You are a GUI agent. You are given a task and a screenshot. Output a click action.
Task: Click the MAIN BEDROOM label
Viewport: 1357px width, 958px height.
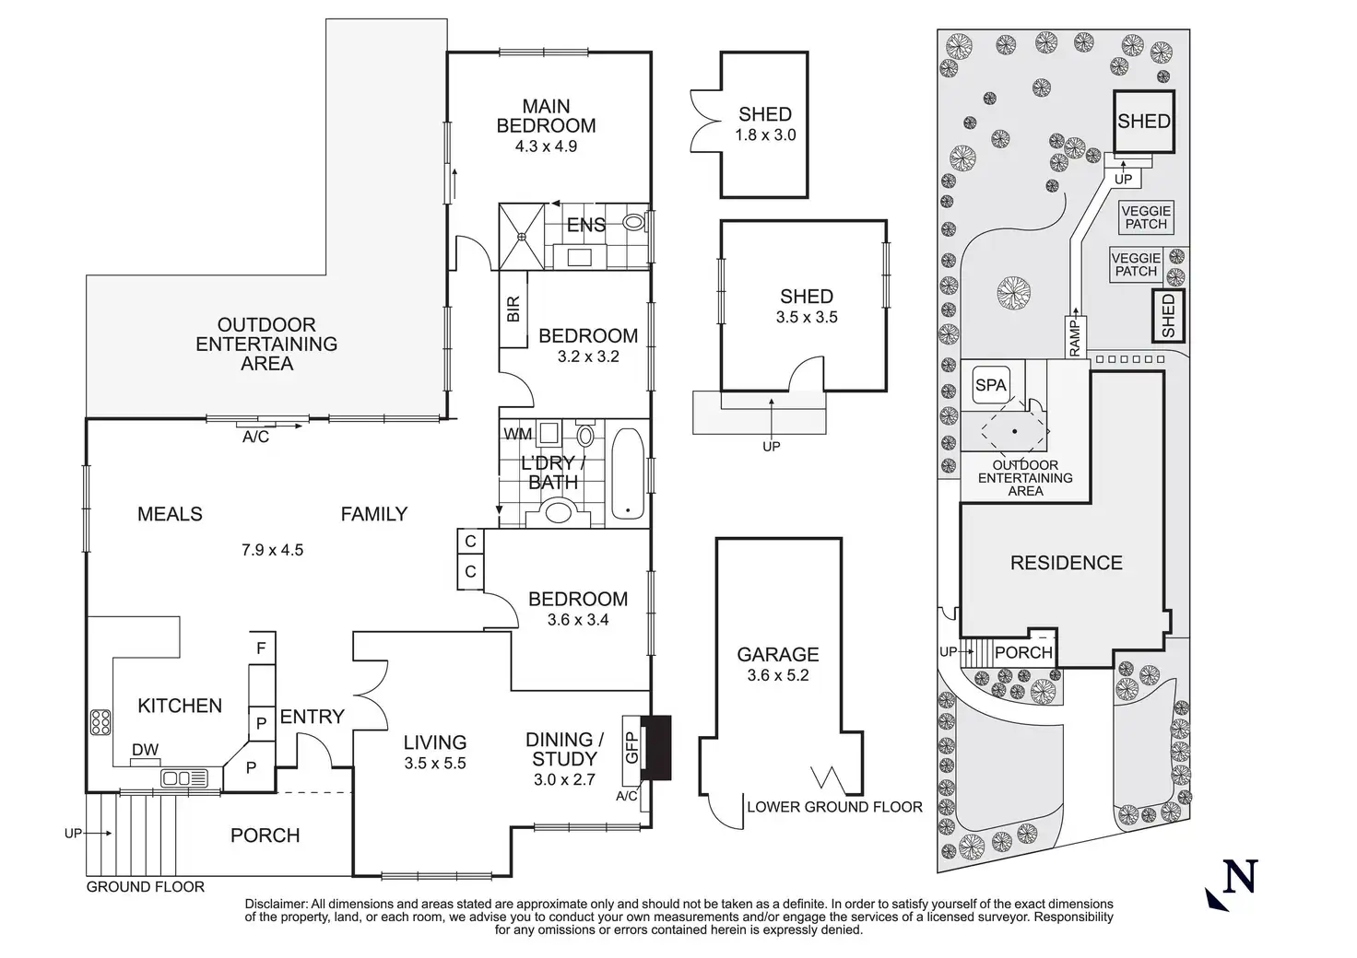tap(546, 116)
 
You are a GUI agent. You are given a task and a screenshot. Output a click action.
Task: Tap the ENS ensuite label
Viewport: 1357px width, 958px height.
tap(585, 225)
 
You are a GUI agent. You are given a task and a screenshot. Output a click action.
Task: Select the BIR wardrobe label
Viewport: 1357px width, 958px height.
tap(513, 309)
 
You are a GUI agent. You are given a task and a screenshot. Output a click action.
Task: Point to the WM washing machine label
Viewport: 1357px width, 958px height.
tap(517, 434)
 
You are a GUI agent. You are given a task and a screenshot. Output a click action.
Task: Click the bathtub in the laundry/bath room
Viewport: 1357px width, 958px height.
tap(629, 473)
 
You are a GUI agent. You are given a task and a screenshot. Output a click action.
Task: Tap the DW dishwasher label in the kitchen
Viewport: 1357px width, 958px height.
tap(145, 750)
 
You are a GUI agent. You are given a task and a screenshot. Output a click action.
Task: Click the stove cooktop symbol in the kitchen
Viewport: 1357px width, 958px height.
tap(100, 721)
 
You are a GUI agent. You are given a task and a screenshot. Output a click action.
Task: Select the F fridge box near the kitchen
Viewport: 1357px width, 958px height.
tap(261, 648)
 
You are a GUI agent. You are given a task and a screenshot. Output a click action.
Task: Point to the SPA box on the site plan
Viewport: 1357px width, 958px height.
tap(991, 385)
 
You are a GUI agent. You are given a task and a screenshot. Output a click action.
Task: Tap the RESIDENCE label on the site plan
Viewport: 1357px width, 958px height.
tap(1067, 563)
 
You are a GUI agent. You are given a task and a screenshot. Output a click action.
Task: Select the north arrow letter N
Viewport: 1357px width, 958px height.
tap(1240, 876)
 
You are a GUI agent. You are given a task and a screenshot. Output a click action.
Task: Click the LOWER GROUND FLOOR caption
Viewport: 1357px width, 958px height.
tap(834, 807)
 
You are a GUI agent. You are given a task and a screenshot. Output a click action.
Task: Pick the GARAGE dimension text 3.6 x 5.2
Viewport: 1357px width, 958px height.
tap(778, 675)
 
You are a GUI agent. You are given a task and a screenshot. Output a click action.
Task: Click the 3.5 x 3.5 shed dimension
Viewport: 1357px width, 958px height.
tap(807, 317)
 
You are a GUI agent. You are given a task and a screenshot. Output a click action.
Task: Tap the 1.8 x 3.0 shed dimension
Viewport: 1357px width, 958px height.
tap(765, 134)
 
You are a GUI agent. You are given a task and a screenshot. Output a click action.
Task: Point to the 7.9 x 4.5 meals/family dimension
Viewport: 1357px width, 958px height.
tap(272, 550)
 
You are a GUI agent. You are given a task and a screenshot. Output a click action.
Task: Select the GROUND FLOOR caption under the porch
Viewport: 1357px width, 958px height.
tap(146, 886)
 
